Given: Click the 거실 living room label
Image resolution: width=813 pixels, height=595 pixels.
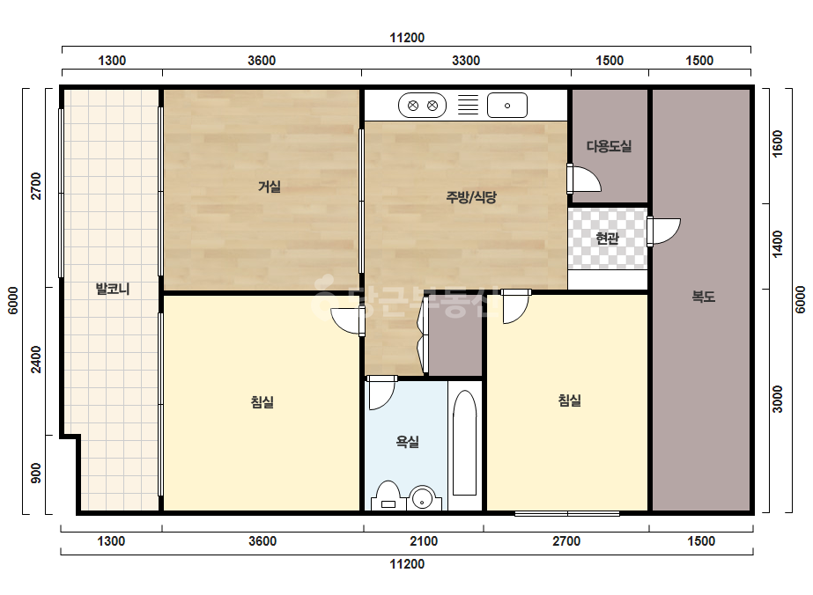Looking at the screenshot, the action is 270,187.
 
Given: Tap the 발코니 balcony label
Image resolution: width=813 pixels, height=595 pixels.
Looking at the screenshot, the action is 113,289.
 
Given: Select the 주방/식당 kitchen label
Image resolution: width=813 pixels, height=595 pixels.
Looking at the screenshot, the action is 471,197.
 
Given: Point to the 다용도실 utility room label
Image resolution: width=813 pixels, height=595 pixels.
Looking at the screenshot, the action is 610,146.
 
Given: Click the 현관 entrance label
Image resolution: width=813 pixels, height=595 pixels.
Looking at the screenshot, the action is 607,239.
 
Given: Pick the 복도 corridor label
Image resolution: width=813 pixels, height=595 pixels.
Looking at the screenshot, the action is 704,297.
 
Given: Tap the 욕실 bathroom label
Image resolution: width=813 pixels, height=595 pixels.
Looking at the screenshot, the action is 408,442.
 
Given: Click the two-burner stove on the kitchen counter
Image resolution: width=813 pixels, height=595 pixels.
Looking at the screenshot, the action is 422,106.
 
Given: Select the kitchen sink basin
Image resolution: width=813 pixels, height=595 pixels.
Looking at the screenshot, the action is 507,106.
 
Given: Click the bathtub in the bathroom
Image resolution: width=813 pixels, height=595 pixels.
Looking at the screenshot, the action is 464,443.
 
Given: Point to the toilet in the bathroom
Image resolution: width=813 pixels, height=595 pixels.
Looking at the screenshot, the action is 388,496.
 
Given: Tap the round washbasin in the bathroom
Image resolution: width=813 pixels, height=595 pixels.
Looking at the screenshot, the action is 423,498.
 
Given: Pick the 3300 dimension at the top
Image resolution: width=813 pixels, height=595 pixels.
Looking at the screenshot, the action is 466,61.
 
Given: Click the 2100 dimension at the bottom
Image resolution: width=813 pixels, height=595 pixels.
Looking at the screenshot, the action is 424,541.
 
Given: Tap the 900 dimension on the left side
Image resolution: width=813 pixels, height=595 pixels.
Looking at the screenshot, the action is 36,474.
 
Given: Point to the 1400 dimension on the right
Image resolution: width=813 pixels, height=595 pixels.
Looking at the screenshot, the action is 777,244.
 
